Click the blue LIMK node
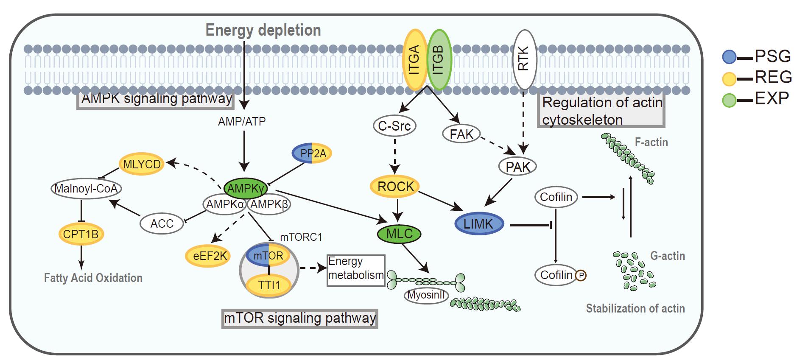pyautogui.click(x=479, y=224)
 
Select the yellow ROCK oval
pyautogui.click(x=395, y=187)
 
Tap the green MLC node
pyautogui.click(x=400, y=234)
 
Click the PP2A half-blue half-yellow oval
pyautogui.click(x=312, y=153)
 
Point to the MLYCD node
pyautogui.click(x=142, y=165)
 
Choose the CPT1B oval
pyautogui.click(x=81, y=234)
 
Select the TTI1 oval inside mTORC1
pyautogui.click(x=269, y=285)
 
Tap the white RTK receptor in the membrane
pyautogui.click(x=524, y=60)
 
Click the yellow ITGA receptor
pyautogui.click(x=414, y=60)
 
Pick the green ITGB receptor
pyautogui.click(x=439, y=60)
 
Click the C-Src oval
pyautogui.click(x=394, y=126)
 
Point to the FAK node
pyautogui.click(x=461, y=134)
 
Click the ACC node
pyautogui.click(x=162, y=223)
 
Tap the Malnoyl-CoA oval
pyautogui.click(x=86, y=188)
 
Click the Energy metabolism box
pyautogui.click(x=356, y=270)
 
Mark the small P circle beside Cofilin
pyautogui.click(x=581, y=276)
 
